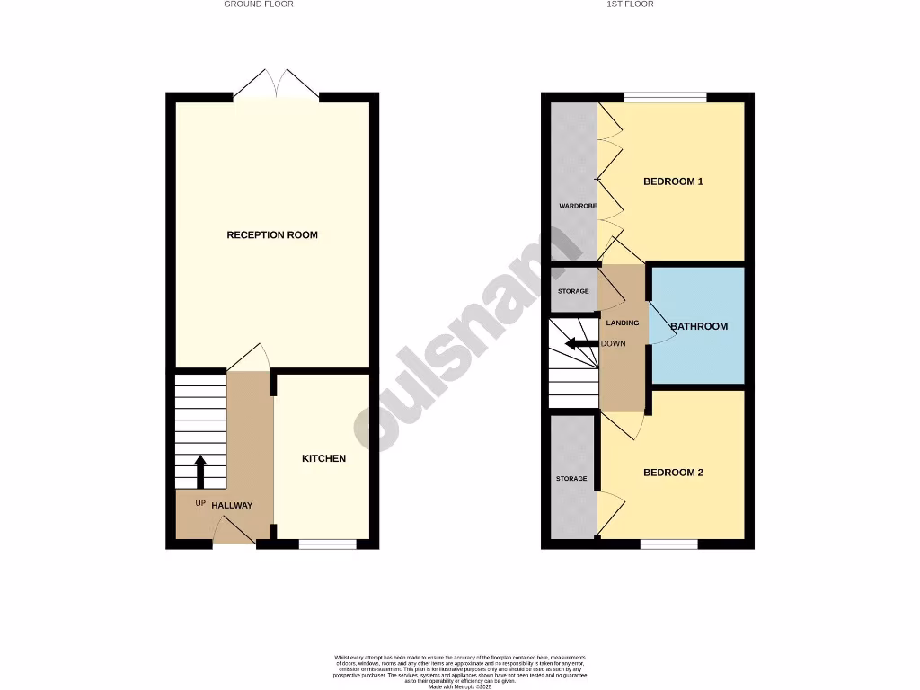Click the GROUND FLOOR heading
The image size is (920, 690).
coord(259,4)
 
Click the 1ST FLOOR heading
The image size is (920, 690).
coord(631,4)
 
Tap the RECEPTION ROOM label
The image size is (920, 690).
coord(272,235)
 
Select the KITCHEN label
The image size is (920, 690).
coord(323,459)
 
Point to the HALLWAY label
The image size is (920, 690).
coord(232,506)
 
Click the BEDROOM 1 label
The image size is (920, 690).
coord(673,181)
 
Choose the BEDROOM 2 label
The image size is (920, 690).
coord(673,473)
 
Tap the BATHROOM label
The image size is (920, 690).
coord(699,326)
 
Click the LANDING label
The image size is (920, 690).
coord(623,323)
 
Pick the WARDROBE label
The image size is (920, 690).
coord(578,206)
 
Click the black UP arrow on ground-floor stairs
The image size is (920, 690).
coord(200,471)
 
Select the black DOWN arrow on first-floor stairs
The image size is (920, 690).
coord(581,343)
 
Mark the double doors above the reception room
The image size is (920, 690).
coord(276,84)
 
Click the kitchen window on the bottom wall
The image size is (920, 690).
coord(327,543)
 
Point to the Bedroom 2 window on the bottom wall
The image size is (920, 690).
coord(669,543)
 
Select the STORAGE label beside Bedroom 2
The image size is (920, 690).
coord(571,479)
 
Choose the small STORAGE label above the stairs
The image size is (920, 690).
coord(573,291)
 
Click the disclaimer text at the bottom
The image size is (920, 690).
coord(459,672)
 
